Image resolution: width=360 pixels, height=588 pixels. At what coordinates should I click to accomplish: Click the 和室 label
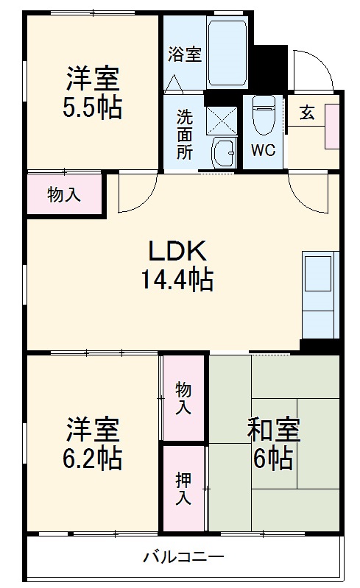pos(273,429)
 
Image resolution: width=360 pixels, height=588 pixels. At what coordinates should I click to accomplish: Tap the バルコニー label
pos(184,556)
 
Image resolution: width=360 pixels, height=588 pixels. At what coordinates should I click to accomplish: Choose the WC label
pos(263,151)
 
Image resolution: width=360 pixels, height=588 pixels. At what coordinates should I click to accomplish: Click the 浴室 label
pos(184,54)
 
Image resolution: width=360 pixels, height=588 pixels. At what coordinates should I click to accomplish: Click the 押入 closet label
pos(183,488)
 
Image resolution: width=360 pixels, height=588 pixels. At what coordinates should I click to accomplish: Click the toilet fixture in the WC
pos(263,115)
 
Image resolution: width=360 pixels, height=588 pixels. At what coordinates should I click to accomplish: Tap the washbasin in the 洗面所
pos(222,153)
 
